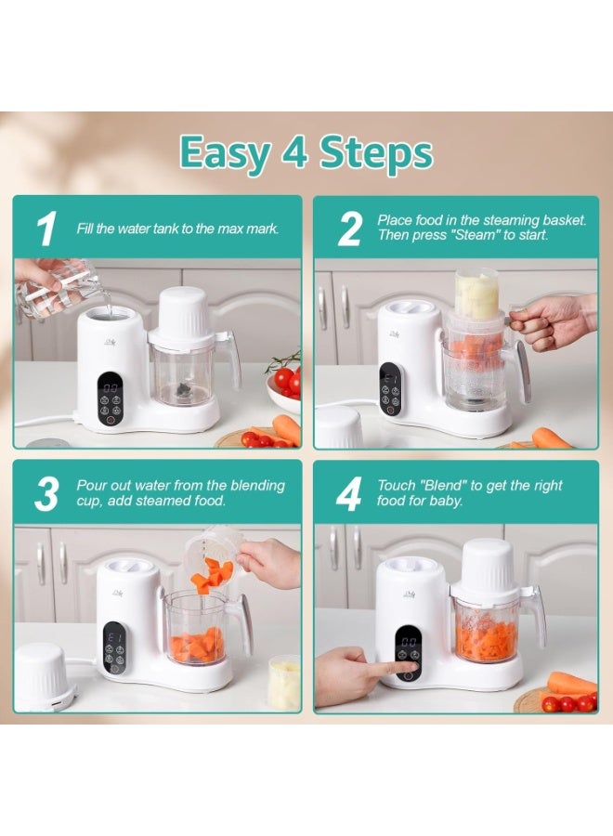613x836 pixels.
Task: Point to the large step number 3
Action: click(46, 495)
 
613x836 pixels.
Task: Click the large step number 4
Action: click(348, 495)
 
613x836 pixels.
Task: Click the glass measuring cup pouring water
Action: click(59, 288)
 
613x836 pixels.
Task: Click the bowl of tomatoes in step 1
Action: click(284, 386)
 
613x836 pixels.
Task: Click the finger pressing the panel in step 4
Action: click(390, 666)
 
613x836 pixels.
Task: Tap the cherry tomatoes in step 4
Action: click(569, 703)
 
